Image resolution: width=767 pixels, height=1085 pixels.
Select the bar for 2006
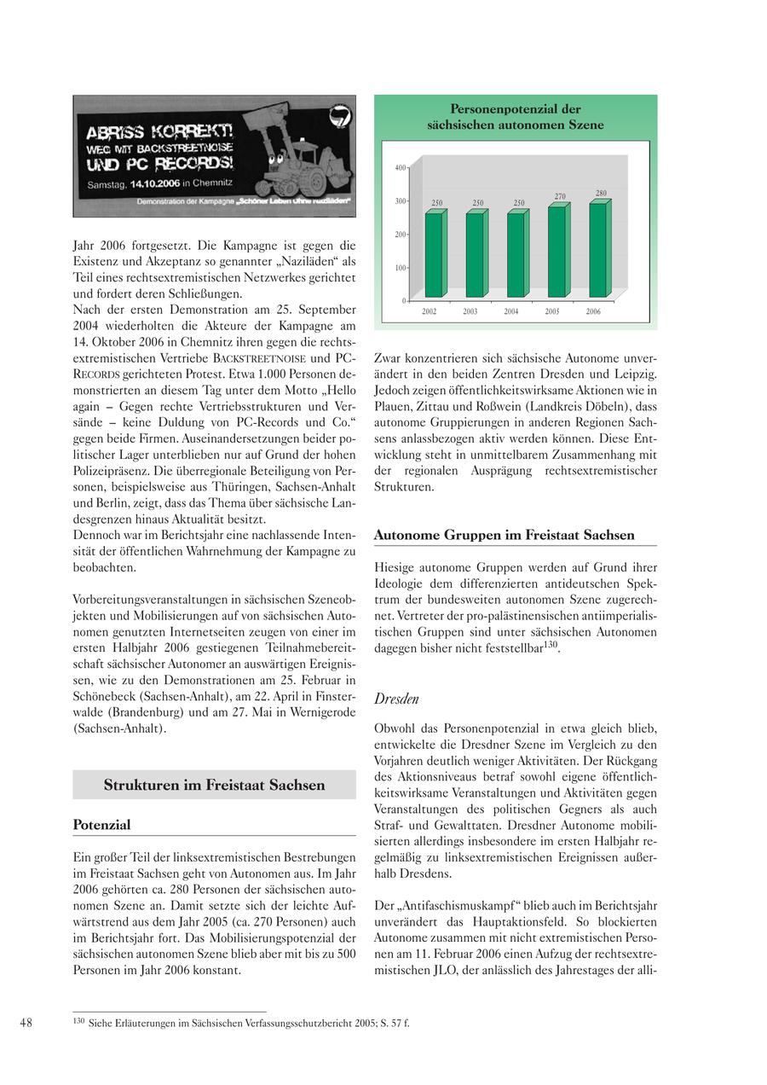(x=598, y=249)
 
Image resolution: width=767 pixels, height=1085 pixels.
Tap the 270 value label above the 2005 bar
(x=560, y=197)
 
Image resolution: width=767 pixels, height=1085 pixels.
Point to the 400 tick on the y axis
(x=401, y=168)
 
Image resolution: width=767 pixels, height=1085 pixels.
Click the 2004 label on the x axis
(x=511, y=312)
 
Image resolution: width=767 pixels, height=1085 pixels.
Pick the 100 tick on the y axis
(x=401, y=268)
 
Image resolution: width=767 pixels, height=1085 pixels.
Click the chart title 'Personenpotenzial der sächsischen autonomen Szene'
(x=516, y=117)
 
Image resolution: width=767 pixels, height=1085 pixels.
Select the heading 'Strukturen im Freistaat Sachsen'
(x=214, y=785)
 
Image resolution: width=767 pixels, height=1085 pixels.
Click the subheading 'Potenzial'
(x=101, y=825)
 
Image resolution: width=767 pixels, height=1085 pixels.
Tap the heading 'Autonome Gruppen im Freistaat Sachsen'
(x=505, y=535)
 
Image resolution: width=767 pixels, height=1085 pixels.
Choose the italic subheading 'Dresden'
(x=396, y=699)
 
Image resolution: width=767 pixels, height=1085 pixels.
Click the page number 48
(x=26, y=1023)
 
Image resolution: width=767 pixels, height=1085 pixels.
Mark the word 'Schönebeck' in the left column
(x=105, y=697)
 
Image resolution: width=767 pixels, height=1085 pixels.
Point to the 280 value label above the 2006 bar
(x=601, y=194)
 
